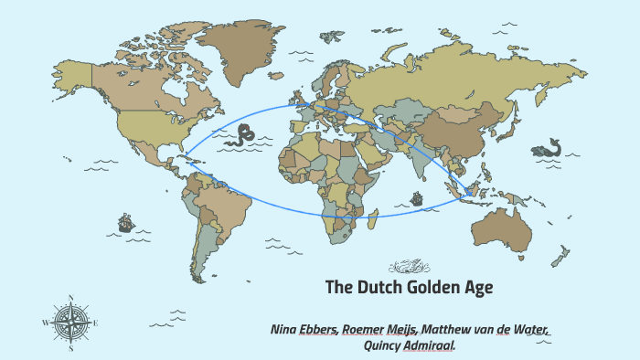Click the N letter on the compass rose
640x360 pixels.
(x=71, y=297)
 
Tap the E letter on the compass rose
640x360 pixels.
(x=96, y=323)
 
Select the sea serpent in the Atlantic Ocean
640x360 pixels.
(x=244, y=136)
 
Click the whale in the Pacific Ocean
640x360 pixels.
(x=549, y=147)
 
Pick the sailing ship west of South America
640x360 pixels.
(x=125, y=222)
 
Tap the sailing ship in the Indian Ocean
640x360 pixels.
(x=417, y=197)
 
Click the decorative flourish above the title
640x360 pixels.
(x=409, y=268)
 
